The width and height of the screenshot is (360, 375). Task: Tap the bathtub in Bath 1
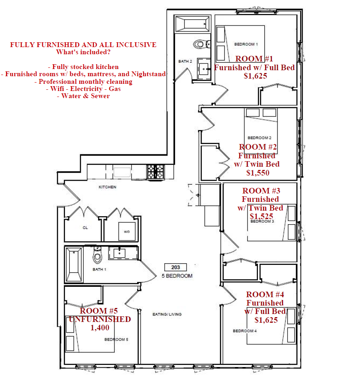pyautogui.click(x=74, y=265)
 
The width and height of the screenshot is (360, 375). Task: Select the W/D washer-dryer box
pyautogui.click(x=127, y=231)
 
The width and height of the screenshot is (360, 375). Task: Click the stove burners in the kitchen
pyautogui.click(x=155, y=172)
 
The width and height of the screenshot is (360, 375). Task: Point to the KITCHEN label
pyautogui.click(x=107, y=187)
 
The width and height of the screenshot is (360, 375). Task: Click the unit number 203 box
pyautogui.click(x=175, y=267)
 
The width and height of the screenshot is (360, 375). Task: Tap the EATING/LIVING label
pyautogui.click(x=167, y=314)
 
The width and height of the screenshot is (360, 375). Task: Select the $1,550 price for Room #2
pyautogui.click(x=258, y=173)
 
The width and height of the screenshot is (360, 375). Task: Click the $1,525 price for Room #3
pyautogui.click(x=261, y=216)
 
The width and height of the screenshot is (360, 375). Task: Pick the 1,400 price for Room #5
pyautogui.click(x=100, y=328)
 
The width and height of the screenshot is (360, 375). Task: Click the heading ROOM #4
pyautogui.click(x=265, y=294)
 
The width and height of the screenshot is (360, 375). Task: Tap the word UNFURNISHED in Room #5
pyautogui.click(x=100, y=319)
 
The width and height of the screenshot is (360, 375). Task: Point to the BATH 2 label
pyautogui.click(x=185, y=61)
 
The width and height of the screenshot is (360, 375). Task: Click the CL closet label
pyautogui.click(x=85, y=228)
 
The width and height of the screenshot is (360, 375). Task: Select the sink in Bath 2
pyautogui.click(x=204, y=69)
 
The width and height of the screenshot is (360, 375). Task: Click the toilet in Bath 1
pyautogui.click(x=97, y=255)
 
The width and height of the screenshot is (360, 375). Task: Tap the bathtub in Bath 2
pyautogui.click(x=193, y=24)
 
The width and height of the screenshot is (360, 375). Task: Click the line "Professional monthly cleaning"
pyautogui.click(x=83, y=81)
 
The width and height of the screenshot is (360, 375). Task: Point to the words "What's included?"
pyautogui.click(x=83, y=52)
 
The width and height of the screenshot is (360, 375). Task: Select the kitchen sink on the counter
pyautogui.click(x=122, y=172)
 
